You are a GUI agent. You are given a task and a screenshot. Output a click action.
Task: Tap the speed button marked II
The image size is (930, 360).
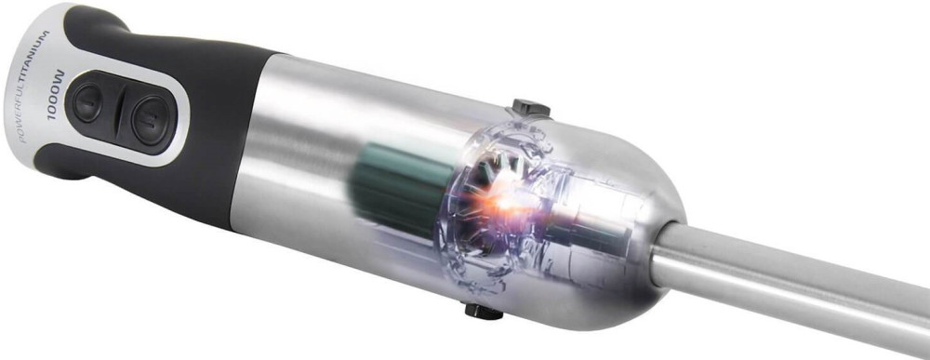pyautogui.click(x=153, y=120)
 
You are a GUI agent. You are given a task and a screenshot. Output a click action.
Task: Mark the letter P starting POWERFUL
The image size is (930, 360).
pyautogui.click(x=22, y=139)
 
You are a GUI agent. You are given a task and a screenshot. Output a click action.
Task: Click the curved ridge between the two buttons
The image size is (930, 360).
pyautogui.click(x=120, y=113)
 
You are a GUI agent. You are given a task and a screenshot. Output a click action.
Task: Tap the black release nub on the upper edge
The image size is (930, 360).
pyautogui.click(x=531, y=108)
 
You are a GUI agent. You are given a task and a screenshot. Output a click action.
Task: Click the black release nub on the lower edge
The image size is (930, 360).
pyautogui.click(x=484, y=311)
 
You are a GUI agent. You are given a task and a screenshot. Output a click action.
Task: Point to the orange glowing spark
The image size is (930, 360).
pyautogui.click(x=504, y=202)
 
